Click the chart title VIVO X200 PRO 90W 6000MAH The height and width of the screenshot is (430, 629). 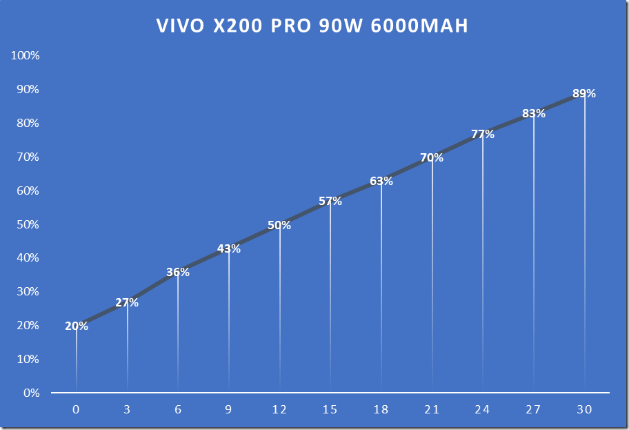coord(312,26)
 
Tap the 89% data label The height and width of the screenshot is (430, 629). coord(584,93)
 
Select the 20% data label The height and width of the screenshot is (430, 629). coord(77,326)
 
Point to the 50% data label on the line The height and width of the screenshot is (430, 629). coord(279,225)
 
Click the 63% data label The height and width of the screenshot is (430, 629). coord(381,181)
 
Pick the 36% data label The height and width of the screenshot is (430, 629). coord(178,272)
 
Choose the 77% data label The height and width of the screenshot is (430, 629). coord(483,134)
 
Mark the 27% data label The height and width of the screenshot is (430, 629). coord(127,302)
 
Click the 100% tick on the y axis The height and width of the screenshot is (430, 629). coord(26,55)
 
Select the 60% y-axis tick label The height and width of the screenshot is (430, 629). coord(28,190)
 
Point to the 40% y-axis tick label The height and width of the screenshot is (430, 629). coord(28,257)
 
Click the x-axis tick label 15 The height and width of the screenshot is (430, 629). coord(330,409)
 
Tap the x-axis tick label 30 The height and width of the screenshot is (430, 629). coord(584,409)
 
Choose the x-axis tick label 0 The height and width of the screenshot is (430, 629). coord(76,409)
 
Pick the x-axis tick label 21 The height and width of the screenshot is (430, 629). coord(432,409)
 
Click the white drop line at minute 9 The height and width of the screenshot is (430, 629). coord(229,324)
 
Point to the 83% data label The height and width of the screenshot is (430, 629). coord(534,113)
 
